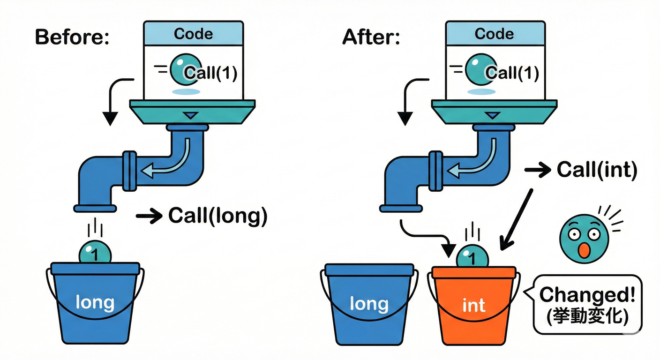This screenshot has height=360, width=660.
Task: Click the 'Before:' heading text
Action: point(72,37)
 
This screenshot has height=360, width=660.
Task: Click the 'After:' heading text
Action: point(371,37)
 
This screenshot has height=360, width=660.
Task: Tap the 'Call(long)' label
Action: point(217,216)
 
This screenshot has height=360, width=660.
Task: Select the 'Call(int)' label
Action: point(597,170)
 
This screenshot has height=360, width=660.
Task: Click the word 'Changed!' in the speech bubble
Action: point(587,295)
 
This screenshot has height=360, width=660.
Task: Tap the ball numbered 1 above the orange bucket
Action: point(472,257)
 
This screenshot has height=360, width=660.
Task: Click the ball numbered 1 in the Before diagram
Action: point(95,254)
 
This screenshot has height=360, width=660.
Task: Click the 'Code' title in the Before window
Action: point(193,34)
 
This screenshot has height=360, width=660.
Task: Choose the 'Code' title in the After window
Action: point(494,34)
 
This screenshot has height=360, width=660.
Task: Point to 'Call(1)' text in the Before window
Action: point(210,73)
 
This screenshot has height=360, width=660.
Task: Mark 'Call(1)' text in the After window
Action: point(512,73)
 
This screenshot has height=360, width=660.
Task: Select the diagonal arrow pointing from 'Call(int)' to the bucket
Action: point(517,218)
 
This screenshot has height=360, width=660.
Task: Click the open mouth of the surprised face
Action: point(583,250)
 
